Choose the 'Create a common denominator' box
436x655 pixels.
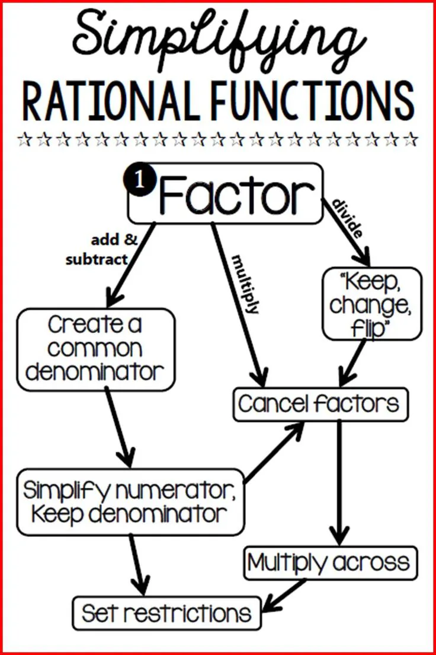[x=96, y=349]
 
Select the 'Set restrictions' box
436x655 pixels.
[x=166, y=613]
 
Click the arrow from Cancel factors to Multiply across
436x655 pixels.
[x=339, y=481]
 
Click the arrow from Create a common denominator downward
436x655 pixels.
[x=118, y=427]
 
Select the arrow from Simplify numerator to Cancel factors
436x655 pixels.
[x=274, y=451]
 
